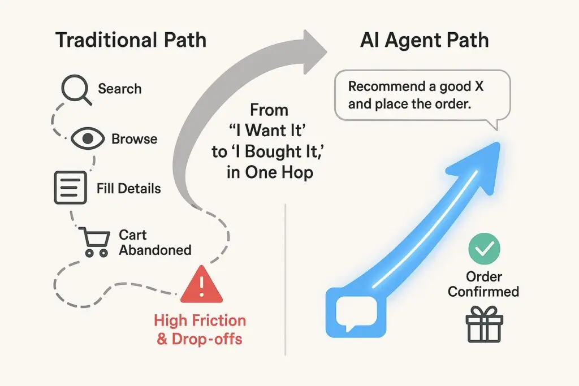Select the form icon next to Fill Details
tap(70, 188)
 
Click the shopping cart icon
tap(93, 241)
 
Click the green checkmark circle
tap(485, 248)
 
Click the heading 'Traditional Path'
tap(131, 41)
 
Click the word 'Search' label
tap(119, 89)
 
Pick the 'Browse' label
tap(134, 138)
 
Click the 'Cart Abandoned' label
tap(154, 242)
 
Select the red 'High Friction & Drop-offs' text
tap(200, 330)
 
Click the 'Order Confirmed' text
tap(483, 284)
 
